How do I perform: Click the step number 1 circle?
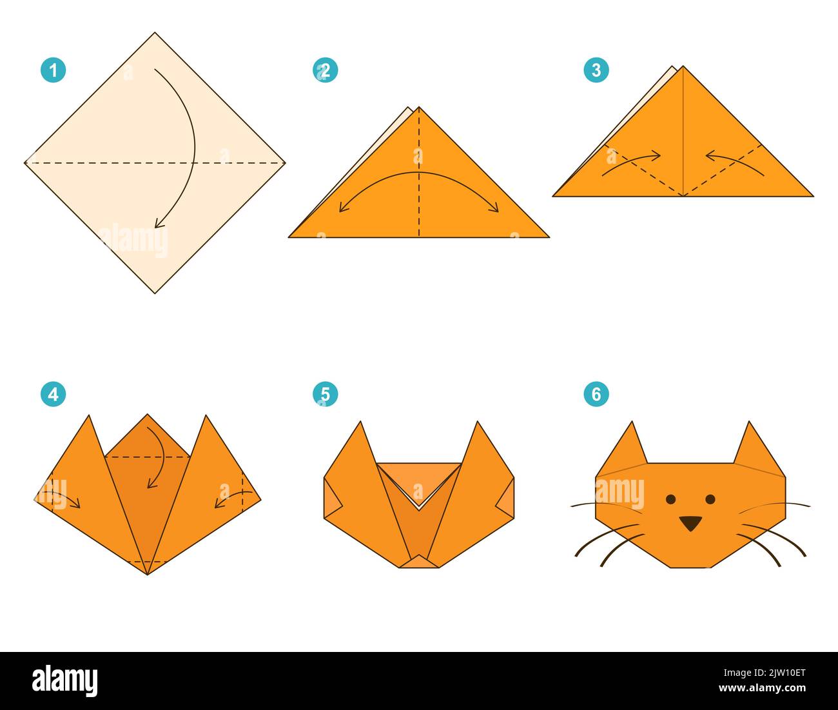pos(53,70)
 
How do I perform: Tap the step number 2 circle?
pos(325,70)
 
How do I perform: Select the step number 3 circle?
pos(596,70)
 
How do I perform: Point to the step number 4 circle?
pos(53,393)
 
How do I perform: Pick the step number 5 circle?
pos(325,393)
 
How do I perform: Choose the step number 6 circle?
pos(596,393)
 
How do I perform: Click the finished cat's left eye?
pos(670,499)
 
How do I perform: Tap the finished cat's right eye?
pos(710,499)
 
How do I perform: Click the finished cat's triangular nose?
pos(690,523)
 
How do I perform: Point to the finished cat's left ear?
pos(627,448)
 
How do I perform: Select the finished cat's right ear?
pos(753,448)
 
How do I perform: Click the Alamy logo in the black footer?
pos(65,681)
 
